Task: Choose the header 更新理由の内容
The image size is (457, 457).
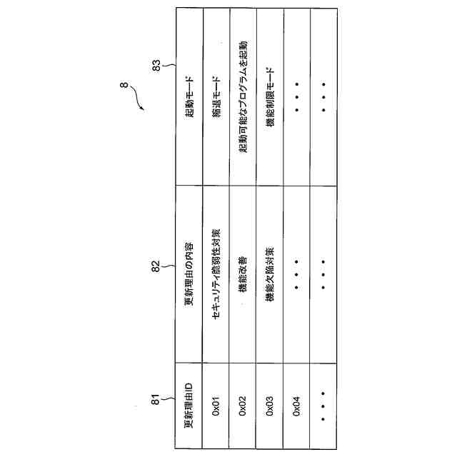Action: point(189,275)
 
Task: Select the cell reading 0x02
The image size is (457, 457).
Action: point(243,408)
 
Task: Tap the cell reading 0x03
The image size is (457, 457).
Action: point(270,408)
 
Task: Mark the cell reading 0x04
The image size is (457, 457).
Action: point(297,408)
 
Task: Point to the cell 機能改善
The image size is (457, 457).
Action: point(243,275)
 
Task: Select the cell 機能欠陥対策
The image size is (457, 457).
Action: point(270,275)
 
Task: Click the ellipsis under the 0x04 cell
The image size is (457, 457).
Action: point(323,408)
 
